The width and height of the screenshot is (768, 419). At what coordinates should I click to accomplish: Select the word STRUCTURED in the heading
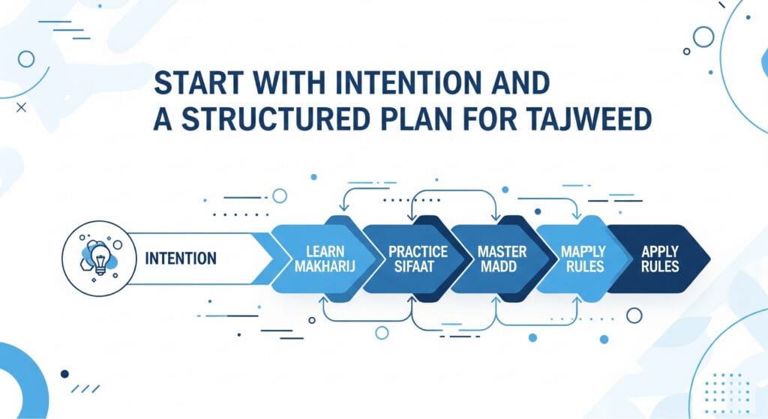[x=275, y=119]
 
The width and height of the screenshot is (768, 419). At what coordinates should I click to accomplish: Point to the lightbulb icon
[x=100, y=257]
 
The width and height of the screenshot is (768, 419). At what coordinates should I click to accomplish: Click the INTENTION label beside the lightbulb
[x=181, y=259]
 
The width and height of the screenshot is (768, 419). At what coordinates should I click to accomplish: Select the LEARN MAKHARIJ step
[x=325, y=259]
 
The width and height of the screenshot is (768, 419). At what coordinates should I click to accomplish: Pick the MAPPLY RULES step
[x=583, y=259]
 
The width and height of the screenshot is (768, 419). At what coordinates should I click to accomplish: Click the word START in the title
[x=199, y=82]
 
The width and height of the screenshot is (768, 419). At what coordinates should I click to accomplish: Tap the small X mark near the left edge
[x=21, y=107]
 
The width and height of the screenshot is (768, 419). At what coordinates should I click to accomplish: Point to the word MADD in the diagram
[x=499, y=267]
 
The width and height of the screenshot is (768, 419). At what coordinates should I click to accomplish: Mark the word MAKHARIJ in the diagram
[x=325, y=267]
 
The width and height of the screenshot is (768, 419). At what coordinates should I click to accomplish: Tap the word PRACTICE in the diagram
[x=418, y=252]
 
